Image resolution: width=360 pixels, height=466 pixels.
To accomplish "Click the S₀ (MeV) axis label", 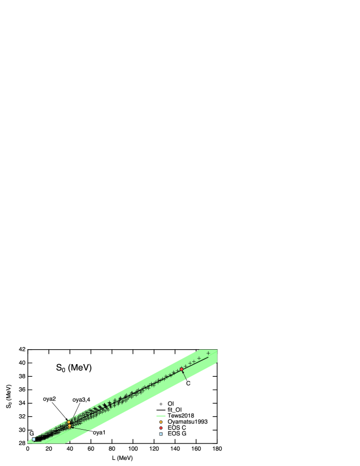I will click(74, 369).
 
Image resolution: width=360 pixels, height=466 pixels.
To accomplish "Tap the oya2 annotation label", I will click(50, 399).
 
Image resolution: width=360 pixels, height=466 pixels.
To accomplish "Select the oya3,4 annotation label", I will click(82, 399).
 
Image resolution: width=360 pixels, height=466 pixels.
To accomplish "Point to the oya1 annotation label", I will click(99, 432).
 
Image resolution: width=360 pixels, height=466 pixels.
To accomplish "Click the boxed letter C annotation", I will click(188, 383).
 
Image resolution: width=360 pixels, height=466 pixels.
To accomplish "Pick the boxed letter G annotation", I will click(31, 434).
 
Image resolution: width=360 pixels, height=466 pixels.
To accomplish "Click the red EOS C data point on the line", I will click(182, 369).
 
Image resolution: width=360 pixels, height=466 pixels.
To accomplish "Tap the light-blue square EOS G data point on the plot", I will click(34, 440).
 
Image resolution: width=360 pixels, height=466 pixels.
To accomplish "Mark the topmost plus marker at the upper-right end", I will click(208, 353).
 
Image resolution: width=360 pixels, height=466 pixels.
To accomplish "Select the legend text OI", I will click(171, 404).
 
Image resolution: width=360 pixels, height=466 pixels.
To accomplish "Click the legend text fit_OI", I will click(175, 410).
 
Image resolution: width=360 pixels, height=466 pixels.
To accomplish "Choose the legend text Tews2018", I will click(181, 416).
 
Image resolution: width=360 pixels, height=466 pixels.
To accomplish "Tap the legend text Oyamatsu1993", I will click(187, 422).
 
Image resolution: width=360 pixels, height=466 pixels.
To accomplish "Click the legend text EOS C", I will click(177, 428).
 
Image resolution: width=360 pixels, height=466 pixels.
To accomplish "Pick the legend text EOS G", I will click(177, 434).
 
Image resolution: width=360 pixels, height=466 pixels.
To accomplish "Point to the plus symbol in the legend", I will click(161, 404).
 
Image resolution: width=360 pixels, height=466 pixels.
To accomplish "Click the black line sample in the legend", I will click(161, 410).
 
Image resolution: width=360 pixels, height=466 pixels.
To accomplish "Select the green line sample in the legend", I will click(161, 416).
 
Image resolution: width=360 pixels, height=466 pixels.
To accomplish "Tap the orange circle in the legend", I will click(161, 422).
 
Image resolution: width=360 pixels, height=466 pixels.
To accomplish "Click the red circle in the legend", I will click(161, 428).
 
